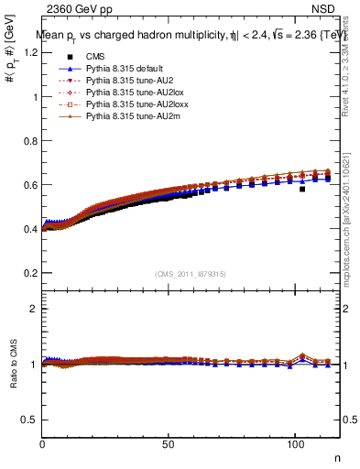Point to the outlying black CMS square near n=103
coord(301,190)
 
